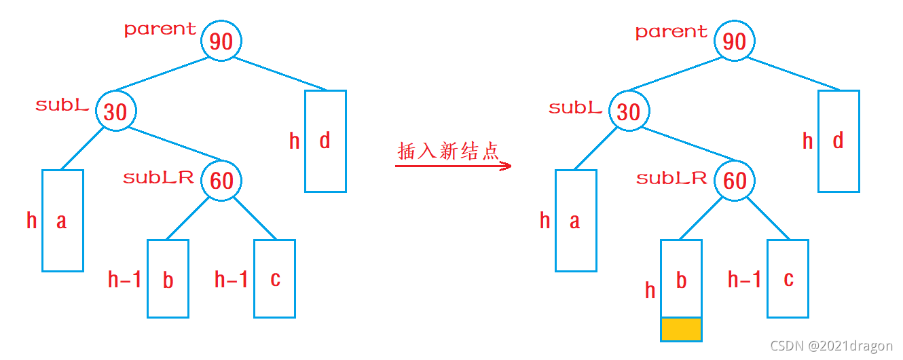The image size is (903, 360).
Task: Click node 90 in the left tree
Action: click(x=221, y=41)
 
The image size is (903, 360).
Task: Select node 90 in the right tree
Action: click(x=735, y=41)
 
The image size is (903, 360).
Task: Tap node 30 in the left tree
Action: click(x=116, y=111)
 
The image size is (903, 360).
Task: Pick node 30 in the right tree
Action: click(x=629, y=111)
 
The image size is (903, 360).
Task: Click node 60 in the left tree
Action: click(x=221, y=181)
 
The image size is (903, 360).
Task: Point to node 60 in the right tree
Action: click(x=735, y=181)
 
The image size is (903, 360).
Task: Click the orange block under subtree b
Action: click(x=681, y=329)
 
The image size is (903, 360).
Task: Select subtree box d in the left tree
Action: click(x=325, y=141)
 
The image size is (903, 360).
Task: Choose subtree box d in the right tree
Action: click(x=838, y=141)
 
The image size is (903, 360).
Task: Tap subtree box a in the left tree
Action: click(x=62, y=221)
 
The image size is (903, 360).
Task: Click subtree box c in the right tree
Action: click(x=788, y=278)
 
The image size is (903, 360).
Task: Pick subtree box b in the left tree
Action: click(x=168, y=278)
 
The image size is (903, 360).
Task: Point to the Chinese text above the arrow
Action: click(x=448, y=151)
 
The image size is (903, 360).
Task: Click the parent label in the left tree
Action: click(x=160, y=29)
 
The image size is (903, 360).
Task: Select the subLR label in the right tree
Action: click(x=671, y=179)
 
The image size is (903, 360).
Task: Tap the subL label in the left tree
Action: click(x=62, y=105)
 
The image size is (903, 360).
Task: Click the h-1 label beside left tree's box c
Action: click(x=231, y=279)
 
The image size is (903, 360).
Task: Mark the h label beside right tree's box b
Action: click(x=650, y=291)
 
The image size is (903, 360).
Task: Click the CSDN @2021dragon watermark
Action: click(x=832, y=346)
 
